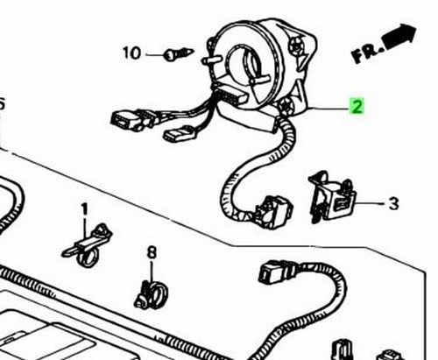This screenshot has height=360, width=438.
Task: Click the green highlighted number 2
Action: click(357, 106)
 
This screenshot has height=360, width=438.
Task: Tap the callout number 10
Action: click(131, 53)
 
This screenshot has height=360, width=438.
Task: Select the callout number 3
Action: click(393, 203)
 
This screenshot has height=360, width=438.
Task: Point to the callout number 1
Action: click(84, 210)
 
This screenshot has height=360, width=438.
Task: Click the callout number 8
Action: click(152, 252)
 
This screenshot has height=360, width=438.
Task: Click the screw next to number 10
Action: click(179, 54)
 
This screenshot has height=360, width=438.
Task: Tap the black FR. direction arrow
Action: click(400, 38)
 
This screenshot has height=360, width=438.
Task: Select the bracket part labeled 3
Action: click(332, 197)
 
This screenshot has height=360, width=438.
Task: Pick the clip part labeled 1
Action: click(88, 245)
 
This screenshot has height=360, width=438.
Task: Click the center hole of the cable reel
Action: click(244, 63)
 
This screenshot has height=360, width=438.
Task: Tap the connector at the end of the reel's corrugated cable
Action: click(273, 212)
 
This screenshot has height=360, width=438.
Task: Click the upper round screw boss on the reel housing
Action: click(296, 46)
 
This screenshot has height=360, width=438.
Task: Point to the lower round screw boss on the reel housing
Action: click(286, 107)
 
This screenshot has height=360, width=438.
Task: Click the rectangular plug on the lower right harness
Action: click(272, 272)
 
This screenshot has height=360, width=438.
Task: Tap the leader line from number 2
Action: click(328, 108)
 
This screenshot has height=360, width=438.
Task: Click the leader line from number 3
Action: click(371, 202)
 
